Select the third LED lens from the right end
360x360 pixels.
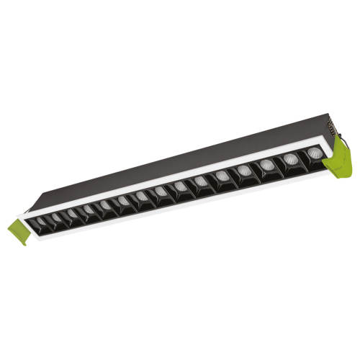266,165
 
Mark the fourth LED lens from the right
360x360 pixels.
244,171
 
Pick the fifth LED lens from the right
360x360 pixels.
221,176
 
